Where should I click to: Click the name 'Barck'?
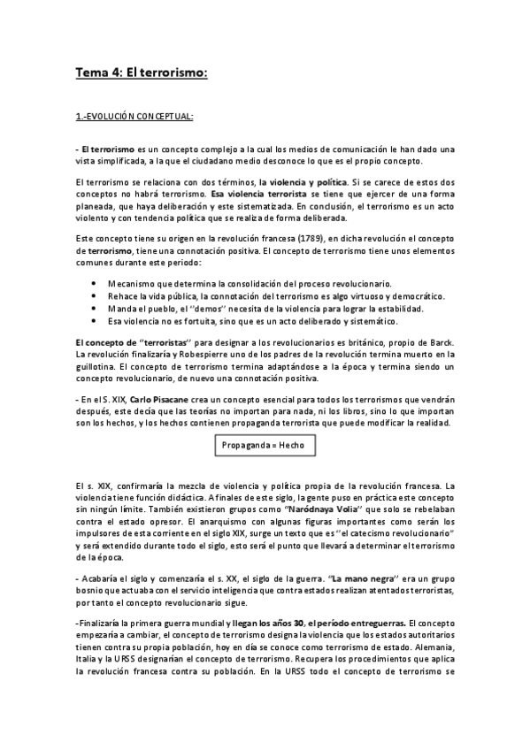click(x=440, y=341)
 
